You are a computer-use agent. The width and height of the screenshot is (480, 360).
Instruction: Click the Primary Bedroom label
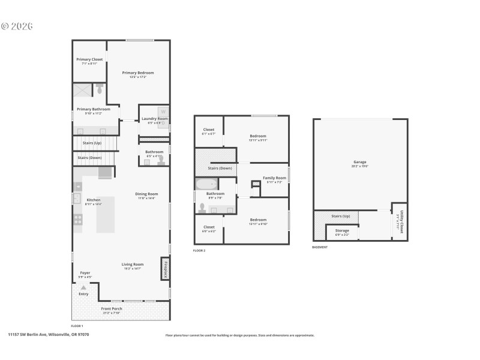[138, 73]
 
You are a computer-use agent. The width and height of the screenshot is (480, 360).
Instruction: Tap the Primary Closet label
[89, 59]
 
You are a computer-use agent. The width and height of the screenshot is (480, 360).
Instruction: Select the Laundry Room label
[154, 119]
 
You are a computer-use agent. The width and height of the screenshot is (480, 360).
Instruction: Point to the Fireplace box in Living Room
[164, 268]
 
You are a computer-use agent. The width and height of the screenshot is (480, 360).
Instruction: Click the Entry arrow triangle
[83, 288]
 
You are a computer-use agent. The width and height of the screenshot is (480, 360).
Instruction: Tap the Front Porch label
[112, 308]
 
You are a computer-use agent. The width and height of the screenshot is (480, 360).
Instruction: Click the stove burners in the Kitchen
[77, 219]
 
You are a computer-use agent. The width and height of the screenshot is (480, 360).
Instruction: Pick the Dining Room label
[146, 194]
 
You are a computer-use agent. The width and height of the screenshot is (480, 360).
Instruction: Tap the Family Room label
[274, 178]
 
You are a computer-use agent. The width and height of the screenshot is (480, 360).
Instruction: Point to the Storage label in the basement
[342, 230]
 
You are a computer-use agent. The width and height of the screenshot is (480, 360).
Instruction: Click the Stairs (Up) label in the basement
[340, 215]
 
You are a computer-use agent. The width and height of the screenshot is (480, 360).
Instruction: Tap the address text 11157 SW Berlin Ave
[48, 334]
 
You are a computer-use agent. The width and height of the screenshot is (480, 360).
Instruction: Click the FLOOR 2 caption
[199, 250]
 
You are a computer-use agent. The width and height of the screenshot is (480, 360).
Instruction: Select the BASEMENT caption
[320, 247]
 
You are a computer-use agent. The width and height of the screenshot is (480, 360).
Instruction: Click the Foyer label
[85, 272]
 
